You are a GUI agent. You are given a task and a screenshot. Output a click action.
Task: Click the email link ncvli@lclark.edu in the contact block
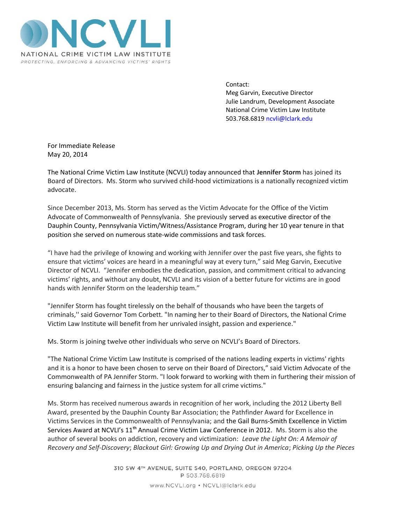click(289, 119)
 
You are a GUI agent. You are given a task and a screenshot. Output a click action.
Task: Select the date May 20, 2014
click(67, 155)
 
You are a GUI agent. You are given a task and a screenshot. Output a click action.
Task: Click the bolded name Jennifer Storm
click(279, 172)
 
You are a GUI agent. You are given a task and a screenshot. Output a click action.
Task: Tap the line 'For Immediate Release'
click(81, 146)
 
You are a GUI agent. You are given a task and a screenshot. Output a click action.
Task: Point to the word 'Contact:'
click(237, 84)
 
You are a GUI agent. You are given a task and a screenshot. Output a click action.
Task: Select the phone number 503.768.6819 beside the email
click(245, 119)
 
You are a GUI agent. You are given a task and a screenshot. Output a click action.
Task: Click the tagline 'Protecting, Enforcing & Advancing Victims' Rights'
click(95, 62)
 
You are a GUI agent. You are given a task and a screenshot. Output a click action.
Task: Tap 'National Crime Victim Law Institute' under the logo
click(95, 54)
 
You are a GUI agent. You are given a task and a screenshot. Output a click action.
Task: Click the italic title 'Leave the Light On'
click(268, 439)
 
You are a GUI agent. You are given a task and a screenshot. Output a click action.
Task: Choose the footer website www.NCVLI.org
click(172, 485)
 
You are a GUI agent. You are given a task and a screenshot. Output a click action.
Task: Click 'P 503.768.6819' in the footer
click(202, 476)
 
